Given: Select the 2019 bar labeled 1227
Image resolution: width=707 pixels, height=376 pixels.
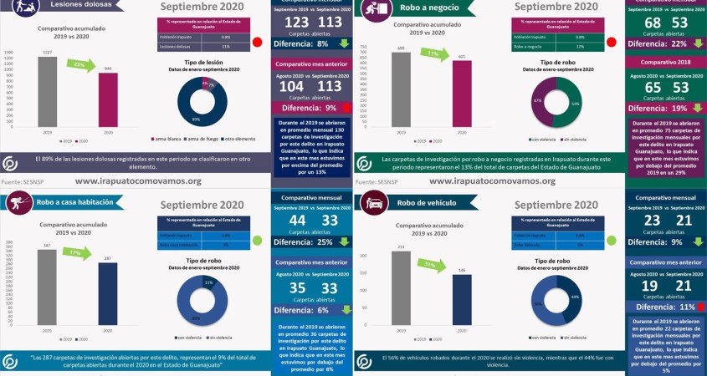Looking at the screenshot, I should point(47,92).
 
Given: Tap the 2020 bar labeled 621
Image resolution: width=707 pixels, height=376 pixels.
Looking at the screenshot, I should point(462,94).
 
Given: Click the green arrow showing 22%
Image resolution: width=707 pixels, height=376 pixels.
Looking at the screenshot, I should point(80,64).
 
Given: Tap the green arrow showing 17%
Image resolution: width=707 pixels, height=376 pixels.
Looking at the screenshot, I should point(77,253).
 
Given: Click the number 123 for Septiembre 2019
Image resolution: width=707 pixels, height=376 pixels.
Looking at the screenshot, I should point(297,22).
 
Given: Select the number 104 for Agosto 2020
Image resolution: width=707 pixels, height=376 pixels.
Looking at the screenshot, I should point(292,86).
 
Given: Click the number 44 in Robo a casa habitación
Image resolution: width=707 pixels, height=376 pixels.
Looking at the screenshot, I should point(297,221).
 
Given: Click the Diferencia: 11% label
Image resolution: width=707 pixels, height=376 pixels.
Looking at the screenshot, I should point(663,307).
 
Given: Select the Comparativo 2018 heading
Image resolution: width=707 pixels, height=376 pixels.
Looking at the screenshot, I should point(665,62).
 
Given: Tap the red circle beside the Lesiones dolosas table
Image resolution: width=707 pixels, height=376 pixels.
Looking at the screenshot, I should point(258,42).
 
